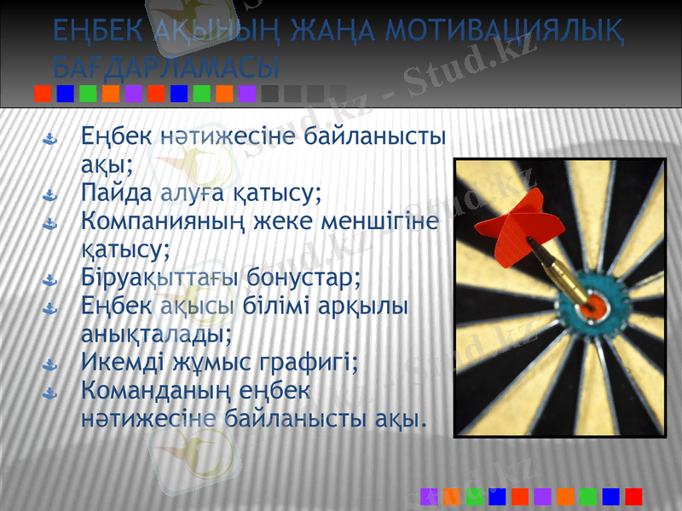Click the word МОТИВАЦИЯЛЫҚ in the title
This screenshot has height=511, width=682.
pos(503,32)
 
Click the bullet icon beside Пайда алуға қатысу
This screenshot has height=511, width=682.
pos(50,196)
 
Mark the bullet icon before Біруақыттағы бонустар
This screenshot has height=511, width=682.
pos(50,280)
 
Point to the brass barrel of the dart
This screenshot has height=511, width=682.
pos(564,273)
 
